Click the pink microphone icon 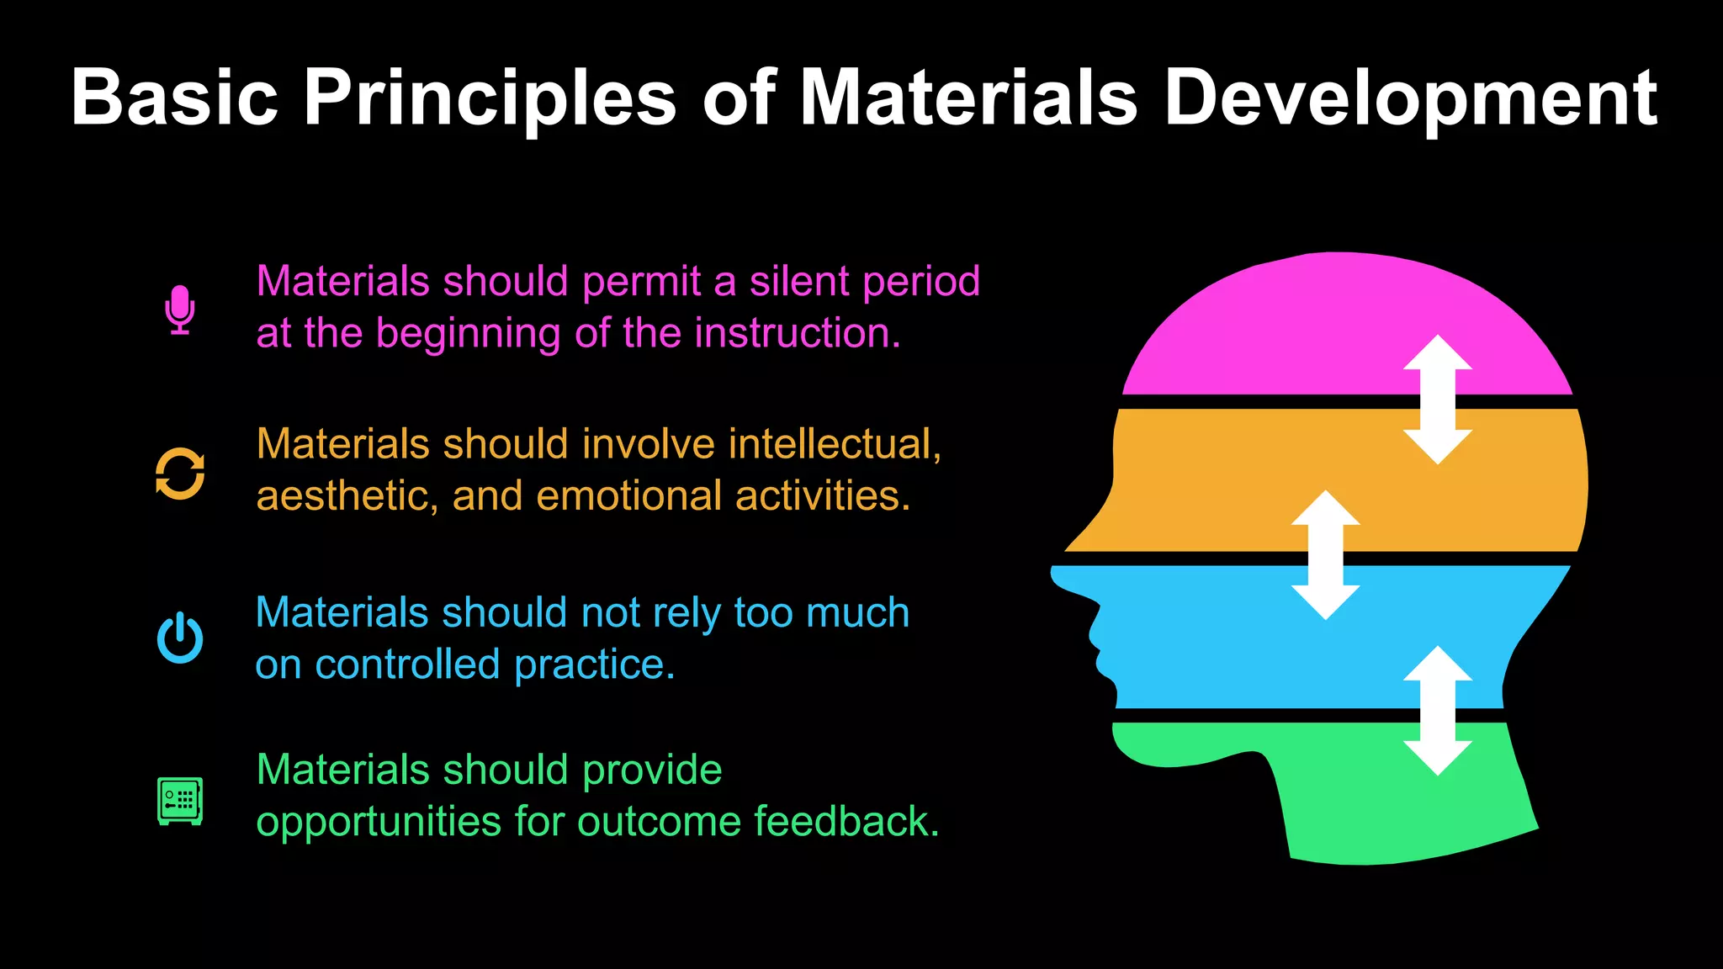click(180, 309)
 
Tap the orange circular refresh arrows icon click(180, 474)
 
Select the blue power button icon click(180, 638)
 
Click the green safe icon click(180, 800)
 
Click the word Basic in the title click(174, 98)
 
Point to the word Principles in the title click(490, 98)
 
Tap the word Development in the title click(1411, 98)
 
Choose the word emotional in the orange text click(628, 495)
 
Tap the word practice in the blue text click(595, 665)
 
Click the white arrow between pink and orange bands click(1438, 400)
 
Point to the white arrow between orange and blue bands click(1326, 555)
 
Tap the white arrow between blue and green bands click(1438, 711)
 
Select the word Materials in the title click(968, 98)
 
